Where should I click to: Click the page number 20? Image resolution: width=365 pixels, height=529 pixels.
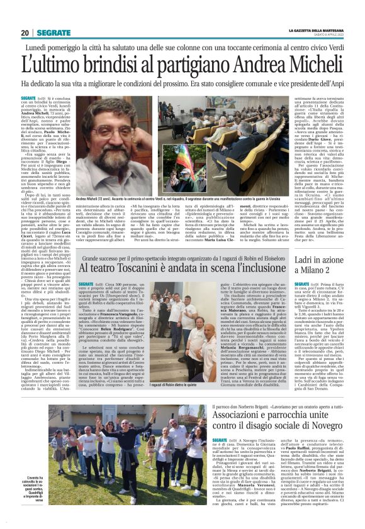point(25,33)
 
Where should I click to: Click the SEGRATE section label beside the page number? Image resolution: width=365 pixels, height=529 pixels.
point(53,33)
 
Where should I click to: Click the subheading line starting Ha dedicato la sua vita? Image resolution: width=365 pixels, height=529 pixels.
point(182,84)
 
